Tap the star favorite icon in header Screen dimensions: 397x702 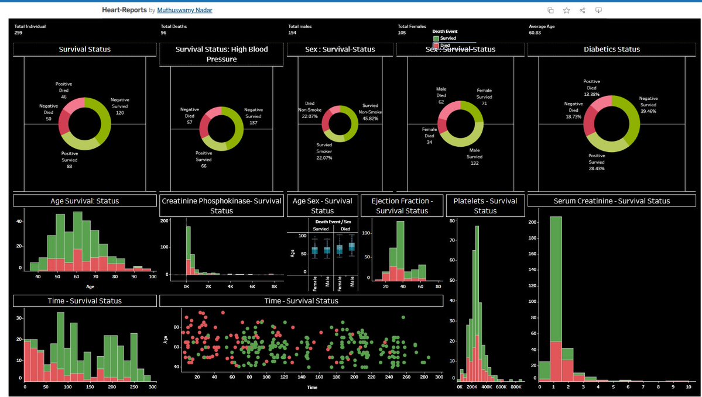click(x=566, y=11)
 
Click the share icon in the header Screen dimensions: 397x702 click(x=583, y=11)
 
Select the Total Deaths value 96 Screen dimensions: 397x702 click(x=164, y=33)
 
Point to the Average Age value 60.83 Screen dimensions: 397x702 click(x=535, y=33)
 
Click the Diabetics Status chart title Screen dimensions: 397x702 click(x=612, y=50)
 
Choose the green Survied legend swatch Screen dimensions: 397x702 click(x=436, y=38)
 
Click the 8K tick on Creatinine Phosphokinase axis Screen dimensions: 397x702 click(x=273, y=287)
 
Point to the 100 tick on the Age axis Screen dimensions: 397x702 click(x=153, y=277)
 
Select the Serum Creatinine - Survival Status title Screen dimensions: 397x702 click(x=612, y=201)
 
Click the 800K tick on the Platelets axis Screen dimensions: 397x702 click(x=516, y=386)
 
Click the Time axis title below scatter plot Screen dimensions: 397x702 click(x=311, y=387)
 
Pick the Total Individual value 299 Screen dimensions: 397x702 click(x=18, y=33)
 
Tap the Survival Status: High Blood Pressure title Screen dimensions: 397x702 click(x=221, y=54)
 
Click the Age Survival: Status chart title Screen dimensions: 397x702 click(x=84, y=201)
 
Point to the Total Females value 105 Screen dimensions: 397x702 click(x=402, y=33)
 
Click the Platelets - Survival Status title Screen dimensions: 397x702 click(x=485, y=205)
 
